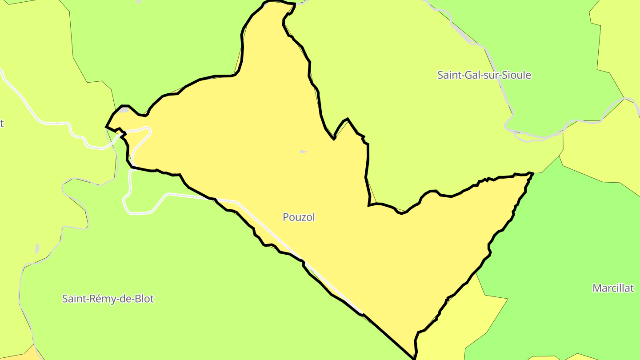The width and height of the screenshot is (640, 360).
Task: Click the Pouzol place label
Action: (x=299, y=217)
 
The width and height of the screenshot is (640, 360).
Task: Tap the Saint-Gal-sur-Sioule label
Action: (x=484, y=75)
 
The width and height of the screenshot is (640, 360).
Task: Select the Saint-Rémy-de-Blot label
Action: (x=108, y=299)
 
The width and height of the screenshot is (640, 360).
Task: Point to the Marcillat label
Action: (x=613, y=288)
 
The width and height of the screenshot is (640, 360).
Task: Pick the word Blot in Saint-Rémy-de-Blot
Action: (x=144, y=299)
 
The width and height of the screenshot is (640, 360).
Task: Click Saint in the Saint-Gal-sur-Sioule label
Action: (x=448, y=75)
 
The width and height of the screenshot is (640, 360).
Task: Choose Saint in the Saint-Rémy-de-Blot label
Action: (x=73, y=299)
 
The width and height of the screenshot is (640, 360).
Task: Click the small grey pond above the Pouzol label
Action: (x=303, y=152)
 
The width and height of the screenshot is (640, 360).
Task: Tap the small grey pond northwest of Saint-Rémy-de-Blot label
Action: (x=37, y=248)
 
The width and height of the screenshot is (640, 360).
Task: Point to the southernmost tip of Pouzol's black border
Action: (x=414, y=358)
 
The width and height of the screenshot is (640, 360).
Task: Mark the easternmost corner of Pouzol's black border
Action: (x=532, y=173)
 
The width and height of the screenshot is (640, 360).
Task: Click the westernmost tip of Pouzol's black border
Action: (x=106, y=127)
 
